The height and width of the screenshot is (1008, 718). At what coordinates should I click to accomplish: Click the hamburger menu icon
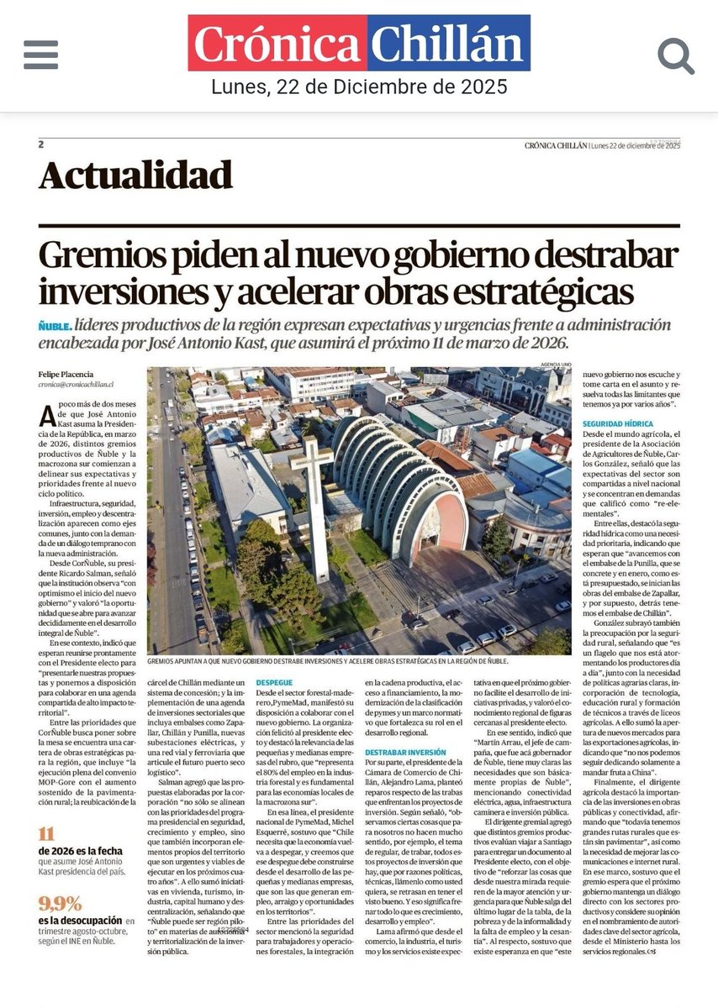41,55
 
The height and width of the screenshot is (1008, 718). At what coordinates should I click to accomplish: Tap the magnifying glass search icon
675,55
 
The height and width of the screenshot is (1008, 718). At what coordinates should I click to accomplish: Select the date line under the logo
359,87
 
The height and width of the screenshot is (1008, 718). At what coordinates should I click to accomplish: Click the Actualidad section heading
135,175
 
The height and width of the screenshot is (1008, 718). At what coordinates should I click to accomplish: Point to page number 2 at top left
40,144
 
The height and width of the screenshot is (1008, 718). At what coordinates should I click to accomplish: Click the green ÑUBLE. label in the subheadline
55,326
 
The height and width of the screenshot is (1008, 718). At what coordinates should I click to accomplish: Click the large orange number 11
47,834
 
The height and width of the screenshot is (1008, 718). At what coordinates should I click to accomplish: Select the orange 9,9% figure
61,905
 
